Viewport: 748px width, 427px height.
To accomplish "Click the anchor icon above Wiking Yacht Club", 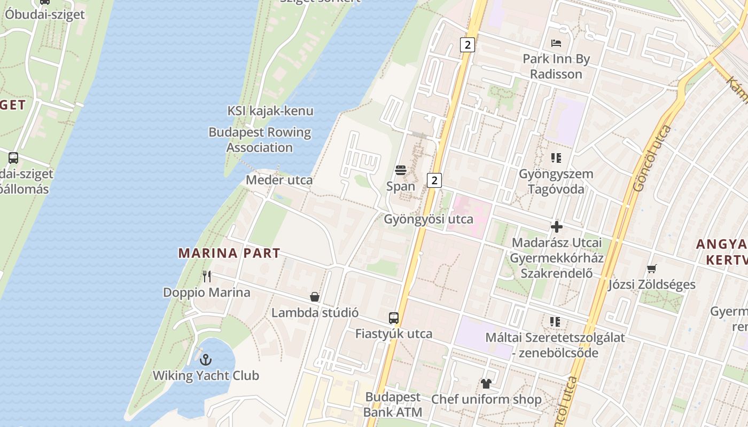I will (x=206, y=360).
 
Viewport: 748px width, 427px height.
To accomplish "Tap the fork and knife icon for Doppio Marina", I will (x=207, y=276).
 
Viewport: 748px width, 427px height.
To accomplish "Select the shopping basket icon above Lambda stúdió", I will (x=315, y=297).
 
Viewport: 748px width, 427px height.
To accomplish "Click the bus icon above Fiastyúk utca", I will (x=394, y=318).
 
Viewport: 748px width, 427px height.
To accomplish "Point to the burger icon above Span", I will (x=401, y=170).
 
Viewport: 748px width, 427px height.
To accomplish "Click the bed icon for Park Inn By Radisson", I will (x=556, y=43).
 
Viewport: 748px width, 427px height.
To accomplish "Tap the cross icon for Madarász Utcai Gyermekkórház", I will (x=557, y=227).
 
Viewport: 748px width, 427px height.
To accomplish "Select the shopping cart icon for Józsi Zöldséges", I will (x=652, y=268).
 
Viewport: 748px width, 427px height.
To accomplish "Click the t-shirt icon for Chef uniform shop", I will (x=486, y=383).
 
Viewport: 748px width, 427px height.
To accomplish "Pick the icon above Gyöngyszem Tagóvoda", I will (x=556, y=158).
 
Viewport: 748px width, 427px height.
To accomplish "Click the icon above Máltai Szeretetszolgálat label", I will (x=555, y=322).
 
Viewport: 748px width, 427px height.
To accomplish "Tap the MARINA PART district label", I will (x=229, y=253).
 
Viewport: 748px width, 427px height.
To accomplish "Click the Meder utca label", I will (x=279, y=180).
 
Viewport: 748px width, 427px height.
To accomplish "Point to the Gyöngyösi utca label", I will (x=428, y=219).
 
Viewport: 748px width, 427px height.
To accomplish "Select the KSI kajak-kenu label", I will (x=270, y=111).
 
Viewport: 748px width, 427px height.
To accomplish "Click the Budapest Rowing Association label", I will (x=260, y=140).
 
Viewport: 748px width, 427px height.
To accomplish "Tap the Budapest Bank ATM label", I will (x=393, y=405).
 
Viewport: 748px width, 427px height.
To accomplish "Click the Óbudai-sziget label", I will (x=45, y=14).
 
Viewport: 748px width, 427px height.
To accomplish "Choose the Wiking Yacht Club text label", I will (x=206, y=376).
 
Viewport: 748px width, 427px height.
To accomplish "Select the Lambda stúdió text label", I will (x=315, y=313).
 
